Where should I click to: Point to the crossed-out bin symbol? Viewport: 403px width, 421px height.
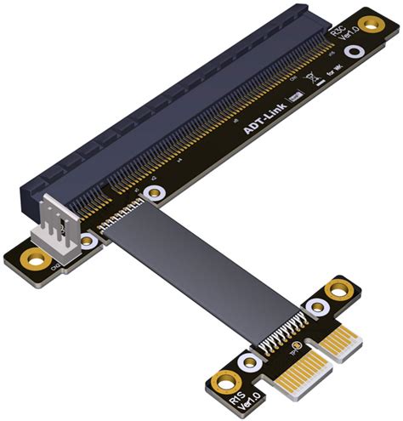point(313,82)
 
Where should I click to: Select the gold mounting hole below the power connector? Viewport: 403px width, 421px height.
point(34,257)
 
